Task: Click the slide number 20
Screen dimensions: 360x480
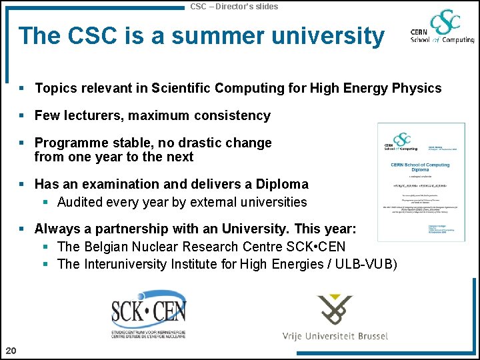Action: click(11, 351)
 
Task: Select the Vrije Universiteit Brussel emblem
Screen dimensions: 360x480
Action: click(335, 310)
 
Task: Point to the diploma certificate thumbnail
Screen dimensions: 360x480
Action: click(412, 181)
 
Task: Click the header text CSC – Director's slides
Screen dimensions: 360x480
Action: click(234, 7)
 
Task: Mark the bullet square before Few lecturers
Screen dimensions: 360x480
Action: click(22, 116)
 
